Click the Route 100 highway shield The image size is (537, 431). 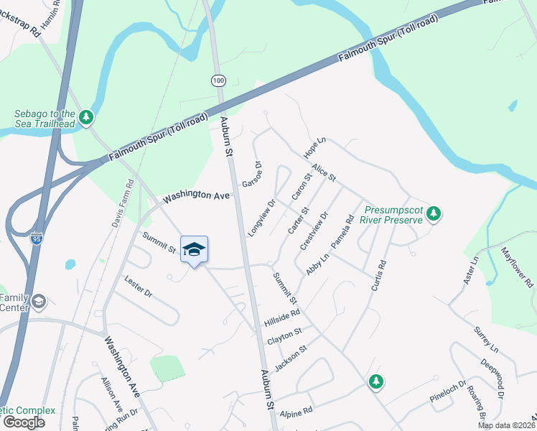pyautogui.click(x=218, y=80)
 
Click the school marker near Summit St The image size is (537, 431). pyautogui.click(x=194, y=249)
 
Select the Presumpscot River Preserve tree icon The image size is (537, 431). pyautogui.click(x=433, y=213)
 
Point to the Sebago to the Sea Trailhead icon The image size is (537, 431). pyautogui.click(x=86, y=116)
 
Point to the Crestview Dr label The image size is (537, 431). pyautogui.click(x=314, y=231)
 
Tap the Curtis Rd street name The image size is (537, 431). pyautogui.click(x=379, y=274)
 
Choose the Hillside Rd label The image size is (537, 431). pyautogui.click(x=281, y=314)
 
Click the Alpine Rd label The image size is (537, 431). pyautogui.click(x=296, y=412)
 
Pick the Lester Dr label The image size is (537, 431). pyautogui.click(x=139, y=286)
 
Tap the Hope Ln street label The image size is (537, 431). pyautogui.click(x=314, y=147)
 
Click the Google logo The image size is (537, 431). pyautogui.click(x=23, y=422)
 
